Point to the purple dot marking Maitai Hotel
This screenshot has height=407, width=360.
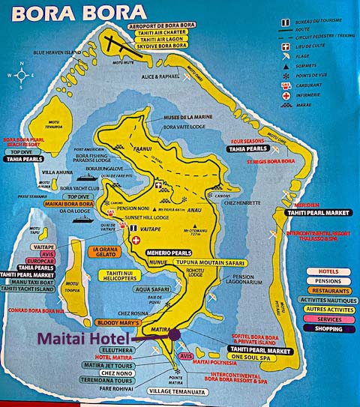pos(175,334)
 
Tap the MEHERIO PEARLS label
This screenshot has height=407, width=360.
pos(175,253)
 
